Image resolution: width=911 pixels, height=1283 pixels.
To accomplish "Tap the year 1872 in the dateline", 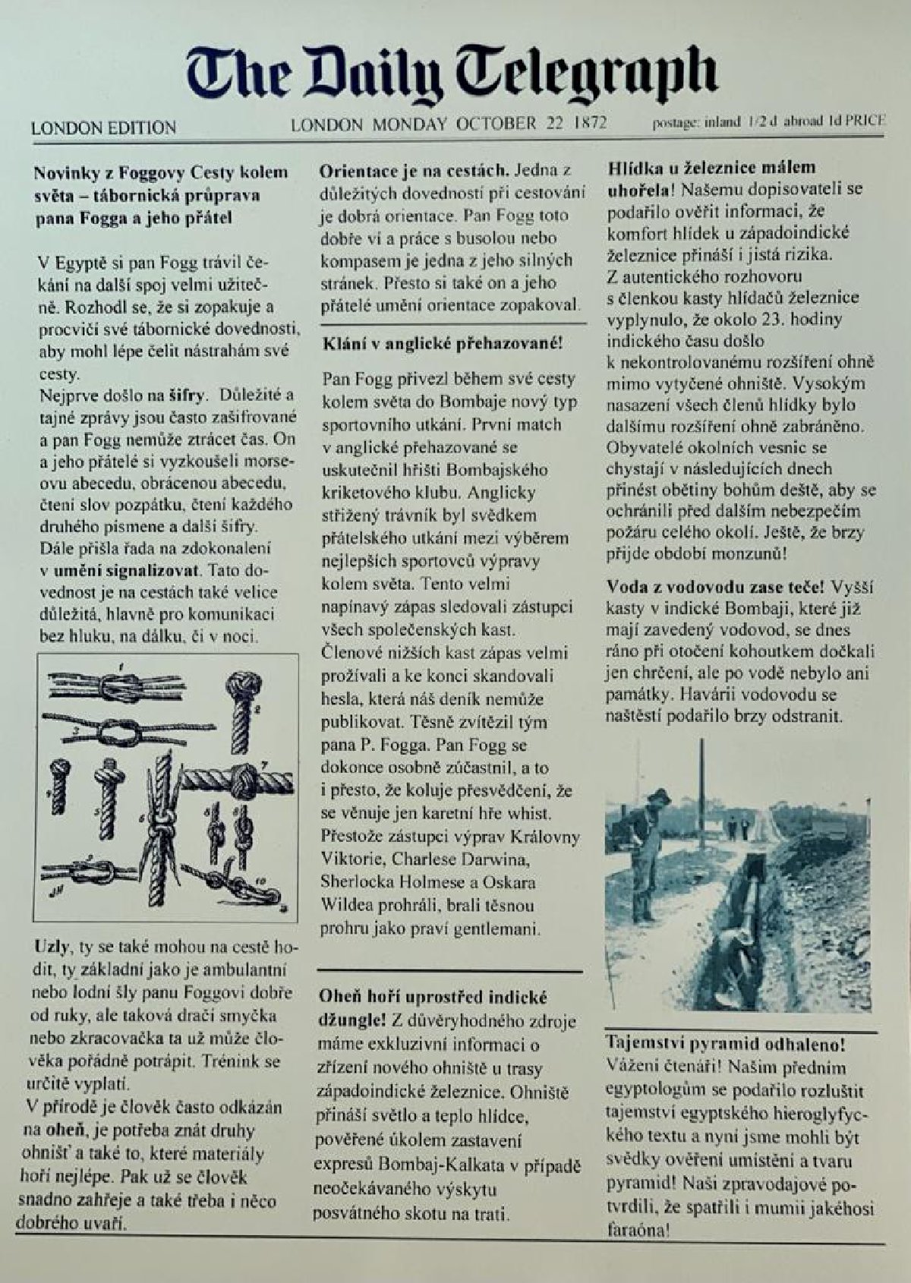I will coord(591,123).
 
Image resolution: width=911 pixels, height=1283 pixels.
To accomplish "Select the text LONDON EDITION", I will coord(103,128).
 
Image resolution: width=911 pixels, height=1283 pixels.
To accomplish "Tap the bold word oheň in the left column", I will coord(65,1130).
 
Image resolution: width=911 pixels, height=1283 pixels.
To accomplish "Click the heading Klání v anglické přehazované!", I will coord(443,343).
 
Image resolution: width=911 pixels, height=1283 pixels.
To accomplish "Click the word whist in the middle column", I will coord(531,814).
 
